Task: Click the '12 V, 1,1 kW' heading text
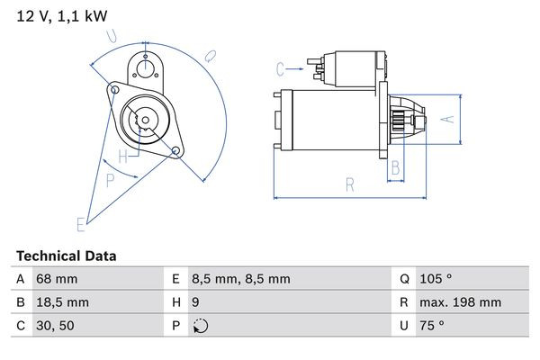(56, 14)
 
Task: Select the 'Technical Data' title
(66, 256)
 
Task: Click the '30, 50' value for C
(55, 326)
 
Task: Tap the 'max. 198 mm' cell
(463, 302)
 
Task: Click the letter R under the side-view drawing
(350, 185)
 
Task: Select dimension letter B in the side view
(393, 166)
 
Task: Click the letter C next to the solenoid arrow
(280, 68)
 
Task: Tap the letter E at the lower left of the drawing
(80, 223)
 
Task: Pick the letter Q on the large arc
(210, 56)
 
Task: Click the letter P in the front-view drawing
(111, 180)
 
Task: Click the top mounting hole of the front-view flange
(144, 60)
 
